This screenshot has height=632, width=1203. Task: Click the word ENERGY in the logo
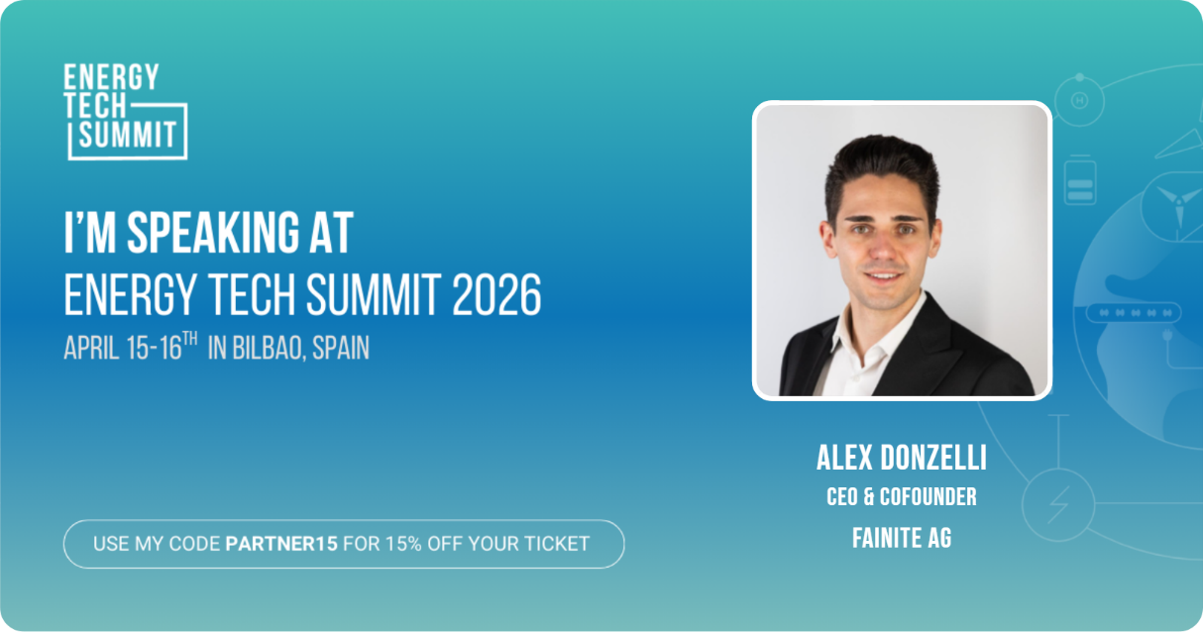[111, 77]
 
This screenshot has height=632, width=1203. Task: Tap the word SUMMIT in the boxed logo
[129, 134]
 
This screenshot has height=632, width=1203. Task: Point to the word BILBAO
[268, 349]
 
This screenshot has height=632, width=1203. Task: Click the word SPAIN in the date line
[341, 349]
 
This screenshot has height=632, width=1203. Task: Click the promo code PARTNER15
[281, 544]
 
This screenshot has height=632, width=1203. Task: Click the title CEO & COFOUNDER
[902, 496]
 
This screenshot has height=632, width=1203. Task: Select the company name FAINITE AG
[902, 539]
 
